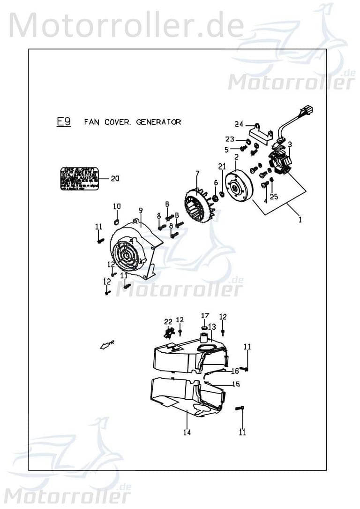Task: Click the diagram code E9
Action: click(64, 122)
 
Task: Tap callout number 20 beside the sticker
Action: click(115, 178)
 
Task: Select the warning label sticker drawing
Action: click(80, 178)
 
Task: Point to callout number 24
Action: click(240, 124)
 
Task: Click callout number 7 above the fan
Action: click(197, 174)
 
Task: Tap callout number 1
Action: click(300, 219)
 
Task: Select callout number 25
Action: click(274, 197)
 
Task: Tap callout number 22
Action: click(168, 321)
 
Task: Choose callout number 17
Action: click(205, 315)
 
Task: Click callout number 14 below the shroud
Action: click(187, 433)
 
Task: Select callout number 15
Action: click(236, 384)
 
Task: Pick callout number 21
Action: click(222, 167)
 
